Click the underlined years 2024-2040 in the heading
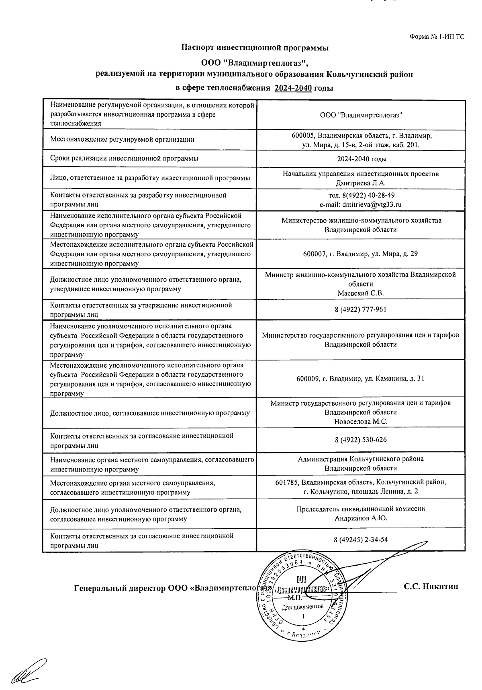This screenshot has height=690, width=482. click(293, 88)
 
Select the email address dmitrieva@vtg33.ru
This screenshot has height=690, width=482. click(372, 204)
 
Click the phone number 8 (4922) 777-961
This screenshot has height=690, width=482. click(361, 309)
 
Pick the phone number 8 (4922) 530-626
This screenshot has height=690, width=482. click(361, 440)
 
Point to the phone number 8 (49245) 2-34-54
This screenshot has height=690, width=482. click(361, 540)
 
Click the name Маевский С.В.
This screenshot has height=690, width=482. click(361, 293)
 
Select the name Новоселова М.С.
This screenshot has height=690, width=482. click(361, 422)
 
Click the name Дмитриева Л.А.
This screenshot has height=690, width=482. click(361, 183)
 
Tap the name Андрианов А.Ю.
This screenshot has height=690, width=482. click(361, 519)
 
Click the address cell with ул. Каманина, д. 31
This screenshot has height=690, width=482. click(361, 379)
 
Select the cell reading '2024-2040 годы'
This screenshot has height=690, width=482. click(361, 159)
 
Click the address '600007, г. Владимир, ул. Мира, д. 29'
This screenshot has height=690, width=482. click(361, 254)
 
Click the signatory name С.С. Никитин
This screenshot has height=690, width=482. click(431, 587)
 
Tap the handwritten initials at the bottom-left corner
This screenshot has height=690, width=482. click(29, 671)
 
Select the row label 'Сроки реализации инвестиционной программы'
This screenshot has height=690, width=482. click(124, 159)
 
